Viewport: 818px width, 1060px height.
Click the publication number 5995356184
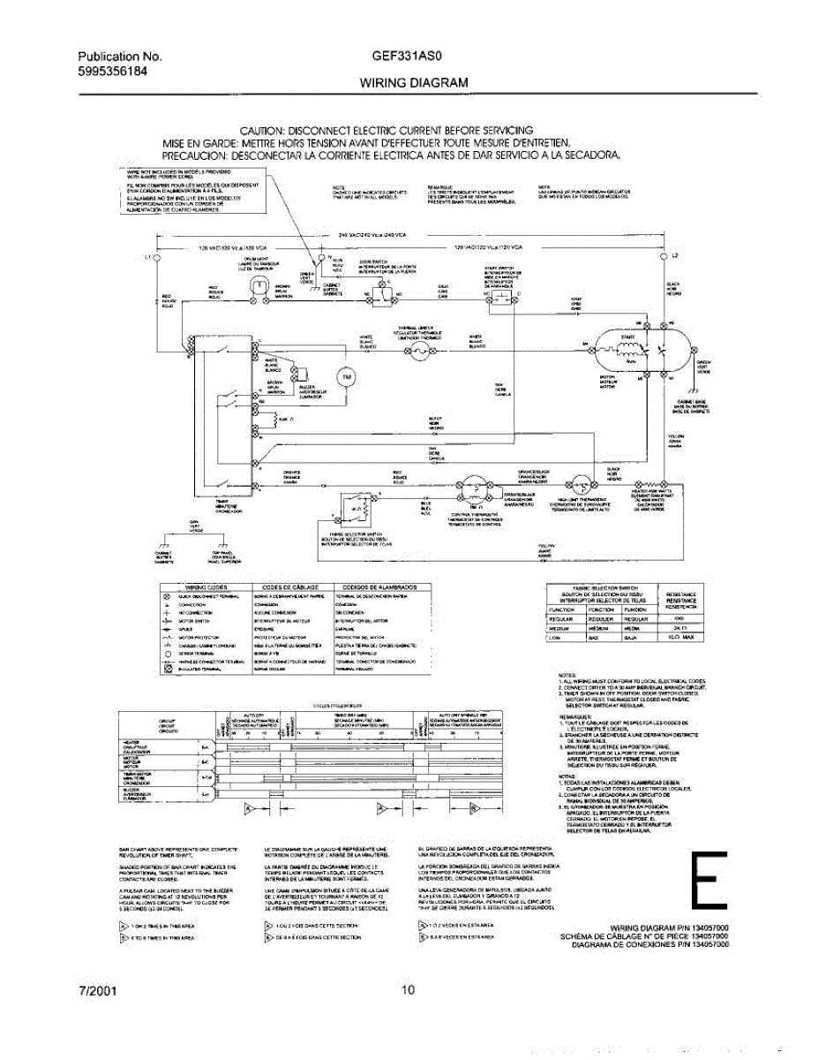click(106, 72)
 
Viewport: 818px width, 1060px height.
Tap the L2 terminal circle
click(663, 256)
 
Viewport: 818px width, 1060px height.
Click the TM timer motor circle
click(346, 377)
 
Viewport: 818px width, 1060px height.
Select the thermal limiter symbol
click(420, 352)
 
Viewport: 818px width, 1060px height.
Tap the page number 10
click(407, 990)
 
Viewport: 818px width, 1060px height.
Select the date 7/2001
click(96, 991)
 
